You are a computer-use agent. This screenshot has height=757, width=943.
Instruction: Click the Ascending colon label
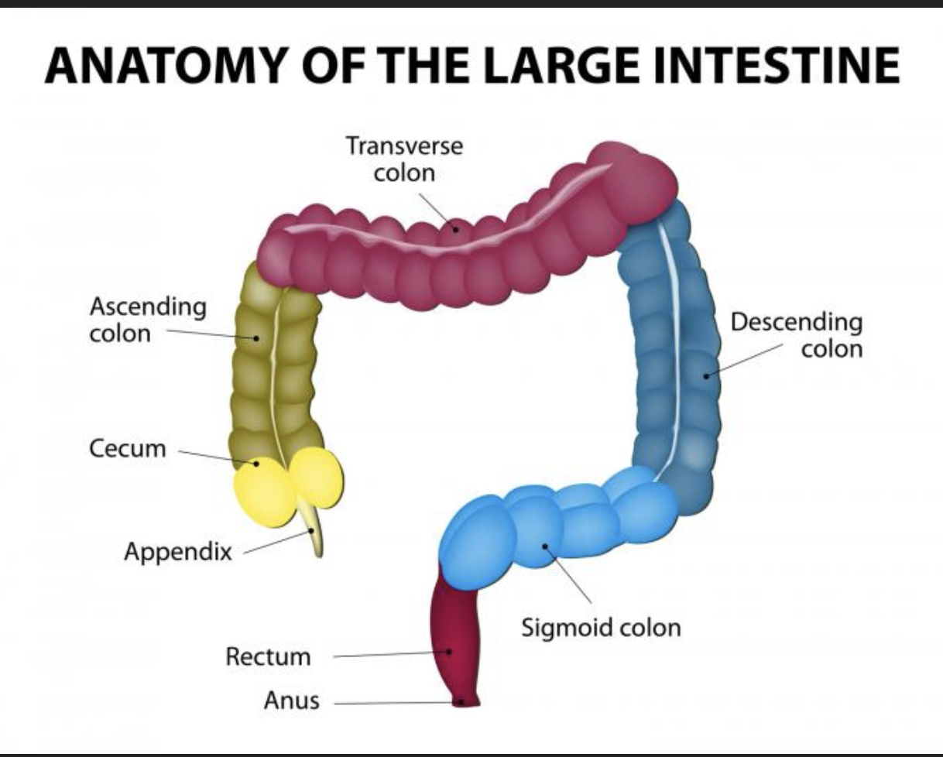point(148,320)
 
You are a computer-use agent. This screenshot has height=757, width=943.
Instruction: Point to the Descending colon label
point(797,334)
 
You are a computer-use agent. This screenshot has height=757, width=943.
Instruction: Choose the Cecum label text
point(128,449)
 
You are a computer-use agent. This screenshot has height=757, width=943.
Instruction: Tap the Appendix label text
point(178,552)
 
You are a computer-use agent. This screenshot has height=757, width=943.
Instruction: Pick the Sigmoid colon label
point(601,626)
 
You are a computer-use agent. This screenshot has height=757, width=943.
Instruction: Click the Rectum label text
point(268,657)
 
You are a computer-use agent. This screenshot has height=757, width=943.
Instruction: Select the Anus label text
point(292,702)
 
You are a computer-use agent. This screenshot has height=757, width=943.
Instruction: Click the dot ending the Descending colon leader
point(705,375)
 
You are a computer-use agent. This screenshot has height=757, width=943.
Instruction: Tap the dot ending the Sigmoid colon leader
point(545,546)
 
